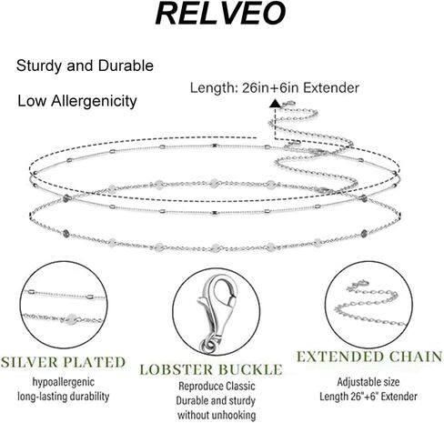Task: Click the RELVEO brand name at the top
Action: click(220, 14)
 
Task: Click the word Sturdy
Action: click(39, 66)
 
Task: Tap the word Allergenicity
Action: click(94, 101)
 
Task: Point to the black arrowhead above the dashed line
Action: click(275, 103)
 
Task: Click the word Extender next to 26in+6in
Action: click(331, 88)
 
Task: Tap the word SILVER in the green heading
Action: click(29, 362)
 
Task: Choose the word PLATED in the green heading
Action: click(95, 362)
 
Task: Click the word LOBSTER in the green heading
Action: click(177, 369)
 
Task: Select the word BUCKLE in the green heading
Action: click(250, 369)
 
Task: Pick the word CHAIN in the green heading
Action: click(416, 357)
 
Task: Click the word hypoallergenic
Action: click(64, 382)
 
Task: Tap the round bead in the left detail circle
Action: click(72, 318)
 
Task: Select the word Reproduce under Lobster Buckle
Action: click(197, 387)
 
